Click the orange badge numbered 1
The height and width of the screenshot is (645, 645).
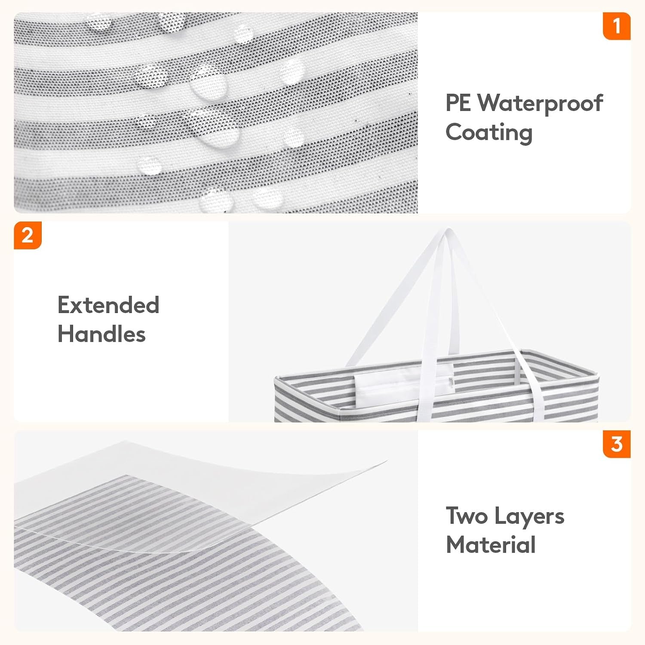pos(617,26)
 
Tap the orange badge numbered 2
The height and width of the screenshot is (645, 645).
pos(28,235)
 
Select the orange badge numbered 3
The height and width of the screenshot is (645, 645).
pos(617,444)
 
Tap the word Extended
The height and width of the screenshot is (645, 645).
pos(108,305)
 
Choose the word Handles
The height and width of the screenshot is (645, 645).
pos(101,334)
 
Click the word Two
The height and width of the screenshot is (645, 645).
pos(467,516)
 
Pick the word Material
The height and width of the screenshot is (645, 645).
pos(491,545)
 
